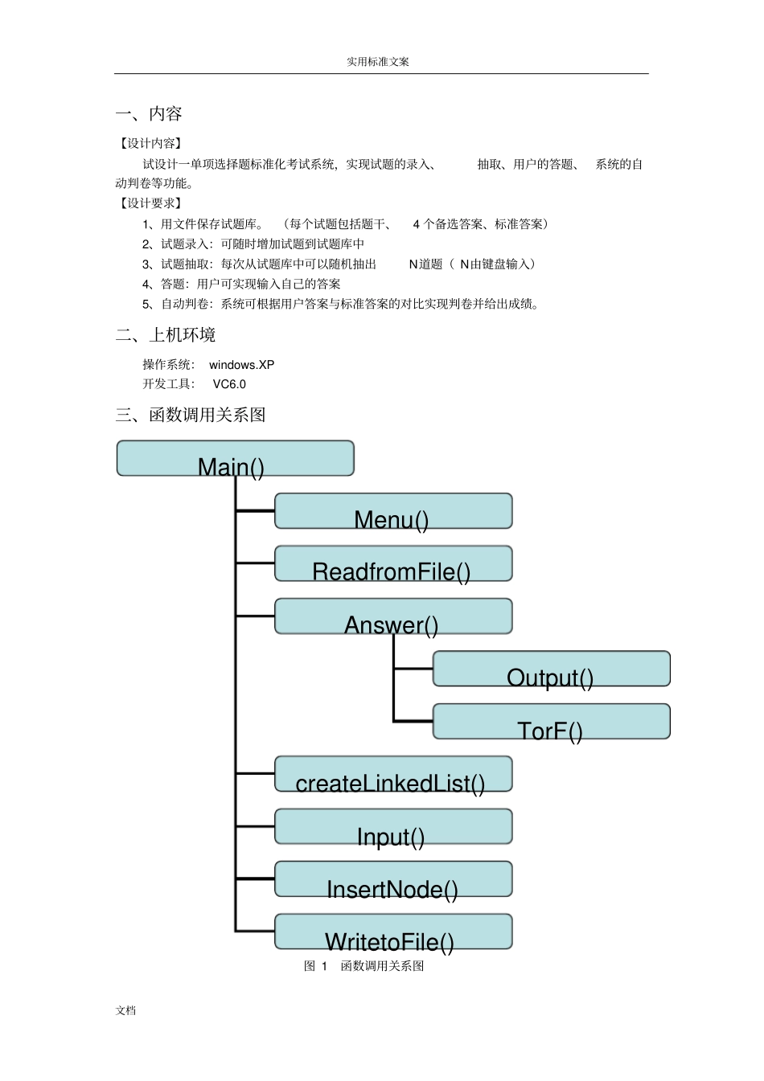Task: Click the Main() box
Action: [x=235, y=458]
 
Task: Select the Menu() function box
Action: [x=393, y=511]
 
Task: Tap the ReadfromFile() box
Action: [x=393, y=563]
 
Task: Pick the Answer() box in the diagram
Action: [x=393, y=616]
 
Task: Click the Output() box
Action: [x=551, y=669]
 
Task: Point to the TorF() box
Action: [x=551, y=722]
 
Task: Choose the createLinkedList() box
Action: [x=393, y=774]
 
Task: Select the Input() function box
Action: [x=393, y=827]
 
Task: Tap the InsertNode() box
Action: [x=393, y=879]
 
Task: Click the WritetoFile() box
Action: [x=393, y=932]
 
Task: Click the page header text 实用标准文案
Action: [x=378, y=62]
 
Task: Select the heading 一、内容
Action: [x=149, y=114]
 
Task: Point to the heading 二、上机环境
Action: [x=166, y=335]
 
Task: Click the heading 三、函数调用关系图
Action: [x=191, y=416]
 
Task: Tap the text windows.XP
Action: [x=241, y=365]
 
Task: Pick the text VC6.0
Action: [x=229, y=384]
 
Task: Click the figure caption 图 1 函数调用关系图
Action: [x=364, y=966]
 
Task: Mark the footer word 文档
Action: [x=125, y=1011]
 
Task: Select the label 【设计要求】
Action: [x=150, y=203]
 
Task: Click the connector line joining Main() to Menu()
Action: [x=255, y=510]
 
